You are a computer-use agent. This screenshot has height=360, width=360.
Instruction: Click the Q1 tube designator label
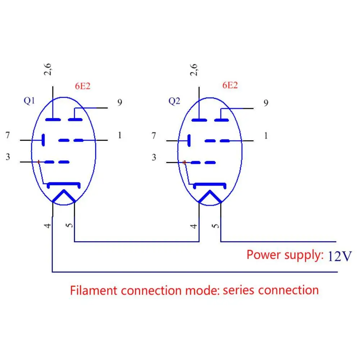(x=29, y=101)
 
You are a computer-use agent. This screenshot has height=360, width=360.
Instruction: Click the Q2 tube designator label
(x=174, y=101)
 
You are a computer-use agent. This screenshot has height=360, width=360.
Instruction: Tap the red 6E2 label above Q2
(x=230, y=86)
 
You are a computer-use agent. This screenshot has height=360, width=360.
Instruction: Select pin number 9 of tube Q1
(x=119, y=103)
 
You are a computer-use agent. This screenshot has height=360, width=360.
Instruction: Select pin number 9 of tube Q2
(x=266, y=103)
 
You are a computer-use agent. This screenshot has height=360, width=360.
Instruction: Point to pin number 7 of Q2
(x=154, y=136)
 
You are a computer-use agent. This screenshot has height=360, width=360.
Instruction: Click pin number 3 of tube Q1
(x=8, y=157)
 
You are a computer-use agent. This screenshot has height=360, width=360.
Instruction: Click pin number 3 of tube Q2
(x=154, y=157)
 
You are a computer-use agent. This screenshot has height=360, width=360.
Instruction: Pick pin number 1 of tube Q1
(x=119, y=135)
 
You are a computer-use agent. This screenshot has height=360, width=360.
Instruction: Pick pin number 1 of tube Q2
(x=266, y=136)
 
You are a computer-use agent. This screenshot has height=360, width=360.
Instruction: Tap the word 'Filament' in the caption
(x=94, y=290)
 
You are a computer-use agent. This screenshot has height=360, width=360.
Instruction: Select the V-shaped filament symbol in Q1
(x=64, y=196)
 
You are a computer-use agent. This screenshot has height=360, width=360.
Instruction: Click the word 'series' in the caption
(x=239, y=290)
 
